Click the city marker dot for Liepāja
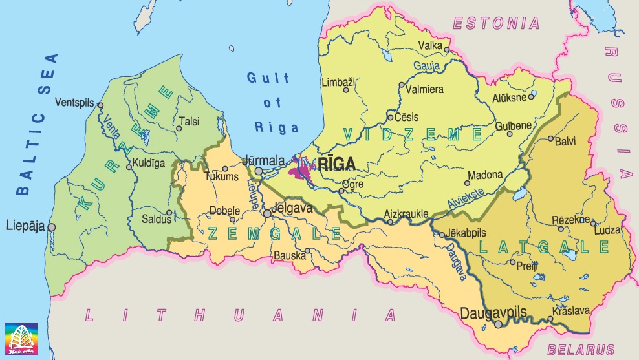(x=51, y=227)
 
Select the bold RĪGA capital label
(x=336, y=164)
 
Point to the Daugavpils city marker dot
(x=498, y=324)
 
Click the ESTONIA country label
(x=496, y=25)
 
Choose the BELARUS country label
(x=581, y=350)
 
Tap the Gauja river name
(x=428, y=66)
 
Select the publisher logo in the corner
(x=21, y=339)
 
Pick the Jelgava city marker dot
(x=266, y=213)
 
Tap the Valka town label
(x=430, y=45)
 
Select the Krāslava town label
(x=570, y=311)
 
